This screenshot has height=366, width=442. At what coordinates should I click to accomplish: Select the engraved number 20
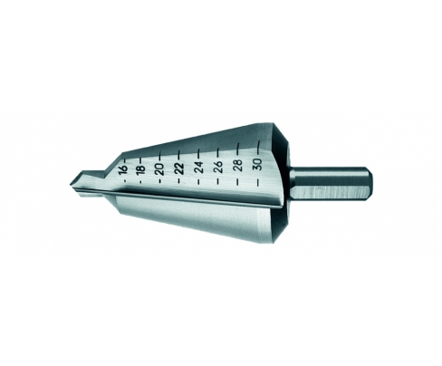[x=160, y=169]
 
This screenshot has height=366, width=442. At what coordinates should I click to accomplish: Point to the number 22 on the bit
[x=179, y=169]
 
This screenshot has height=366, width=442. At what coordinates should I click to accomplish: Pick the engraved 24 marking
[x=199, y=167]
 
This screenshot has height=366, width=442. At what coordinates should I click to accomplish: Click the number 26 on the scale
[x=218, y=166]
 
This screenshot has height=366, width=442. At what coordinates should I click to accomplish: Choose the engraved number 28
[x=238, y=165]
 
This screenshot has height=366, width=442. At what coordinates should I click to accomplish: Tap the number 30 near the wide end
[x=258, y=164]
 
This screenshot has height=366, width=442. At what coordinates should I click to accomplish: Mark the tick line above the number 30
[x=258, y=147]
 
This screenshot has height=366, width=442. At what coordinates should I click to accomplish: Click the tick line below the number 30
[x=258, y=182]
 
